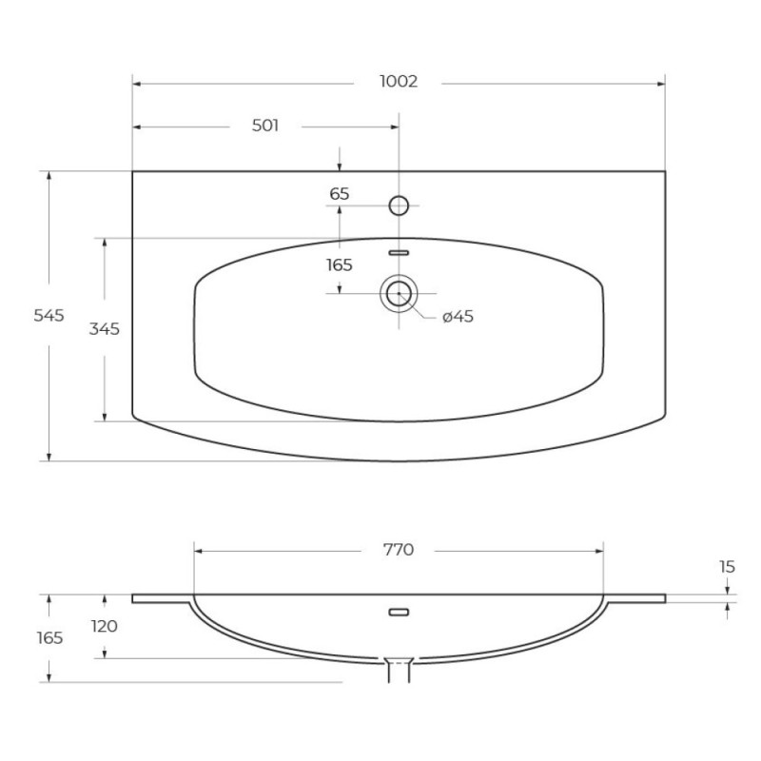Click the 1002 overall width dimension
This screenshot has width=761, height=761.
(398, 81)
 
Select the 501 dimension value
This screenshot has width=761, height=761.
(265, 126)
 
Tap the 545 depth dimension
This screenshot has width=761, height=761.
(49, 316)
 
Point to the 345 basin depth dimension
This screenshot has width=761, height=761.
(104, 329)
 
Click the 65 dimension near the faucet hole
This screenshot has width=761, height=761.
(340, 194)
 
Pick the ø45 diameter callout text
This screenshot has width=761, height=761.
(458, 317)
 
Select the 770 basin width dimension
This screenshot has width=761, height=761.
(398, 550)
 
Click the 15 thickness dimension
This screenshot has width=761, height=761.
(727, 566)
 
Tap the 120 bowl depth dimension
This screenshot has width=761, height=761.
(105, 626)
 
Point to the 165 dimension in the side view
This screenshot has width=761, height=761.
(49, 637)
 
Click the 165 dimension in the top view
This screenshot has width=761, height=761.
(340, 265)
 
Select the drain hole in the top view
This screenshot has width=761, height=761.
(399, 294)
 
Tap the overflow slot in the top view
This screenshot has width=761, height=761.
(399, 253)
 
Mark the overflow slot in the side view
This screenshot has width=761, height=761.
(399, 612)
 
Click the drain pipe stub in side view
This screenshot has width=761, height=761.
(399, 671)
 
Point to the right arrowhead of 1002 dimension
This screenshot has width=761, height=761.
(660, 84)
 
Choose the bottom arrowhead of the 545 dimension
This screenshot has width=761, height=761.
(49, 457)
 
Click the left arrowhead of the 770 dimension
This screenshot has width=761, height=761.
(198, 552)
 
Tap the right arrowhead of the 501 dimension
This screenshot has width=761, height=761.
(394, 127)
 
